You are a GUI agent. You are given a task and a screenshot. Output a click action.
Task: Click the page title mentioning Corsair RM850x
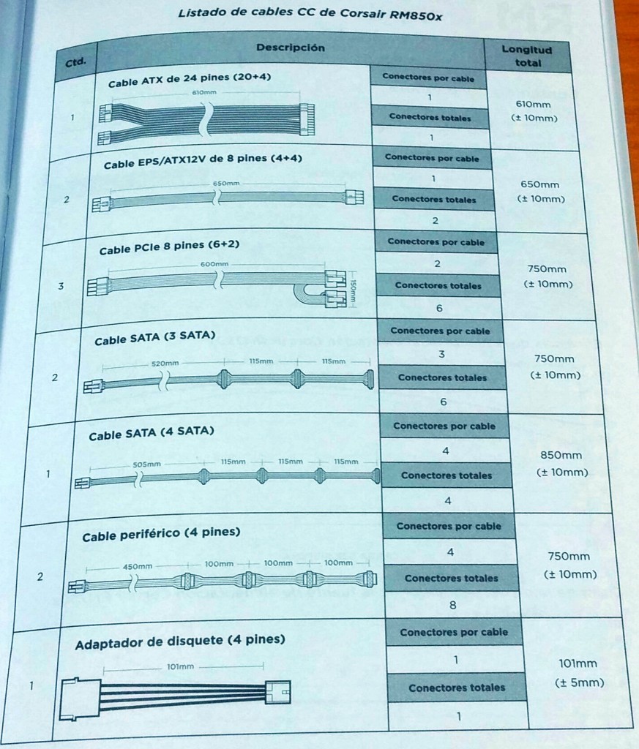coord(310,14)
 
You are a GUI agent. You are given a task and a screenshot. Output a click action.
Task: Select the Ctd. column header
coord(75,61)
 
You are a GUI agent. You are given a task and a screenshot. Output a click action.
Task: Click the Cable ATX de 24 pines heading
coord(190,80)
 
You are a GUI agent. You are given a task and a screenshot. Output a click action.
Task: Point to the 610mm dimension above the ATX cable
coord(204,92)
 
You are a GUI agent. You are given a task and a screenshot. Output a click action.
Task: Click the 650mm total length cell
coord(541,192)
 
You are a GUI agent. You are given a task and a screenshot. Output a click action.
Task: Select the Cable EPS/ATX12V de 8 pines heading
coord(203,161)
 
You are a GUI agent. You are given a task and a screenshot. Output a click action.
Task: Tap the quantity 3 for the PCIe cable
coord(61,286)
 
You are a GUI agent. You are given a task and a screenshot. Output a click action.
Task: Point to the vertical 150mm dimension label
coord(354,293)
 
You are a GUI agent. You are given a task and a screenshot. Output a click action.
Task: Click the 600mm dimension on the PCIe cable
coord(214,263)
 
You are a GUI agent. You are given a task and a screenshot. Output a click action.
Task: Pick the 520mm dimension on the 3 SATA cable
coord(165,363)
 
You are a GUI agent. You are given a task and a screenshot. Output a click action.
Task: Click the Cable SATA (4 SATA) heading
coord(151,433)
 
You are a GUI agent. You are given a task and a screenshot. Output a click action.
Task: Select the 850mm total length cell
coord(562,463)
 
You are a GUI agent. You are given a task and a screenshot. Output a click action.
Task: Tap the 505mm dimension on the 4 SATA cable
coord(146,464)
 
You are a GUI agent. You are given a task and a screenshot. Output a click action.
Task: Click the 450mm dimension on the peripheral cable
coord(137,566)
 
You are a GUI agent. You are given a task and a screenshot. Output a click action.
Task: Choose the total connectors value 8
coord(452,605)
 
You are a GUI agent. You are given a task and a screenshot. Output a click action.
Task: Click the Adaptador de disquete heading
coord(180,641)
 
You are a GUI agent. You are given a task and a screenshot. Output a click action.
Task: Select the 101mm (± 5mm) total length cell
coord(579,673)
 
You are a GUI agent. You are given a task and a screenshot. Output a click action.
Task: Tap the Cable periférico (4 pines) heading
coord(161,535)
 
